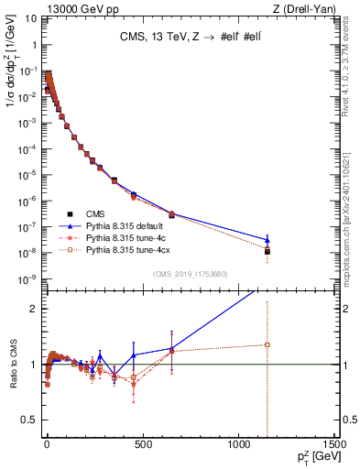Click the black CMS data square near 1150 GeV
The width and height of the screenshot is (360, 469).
pyautogui.click(x=267, y=250)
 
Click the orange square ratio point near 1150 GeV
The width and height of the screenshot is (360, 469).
pyautogui.click(x=267, y=344)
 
